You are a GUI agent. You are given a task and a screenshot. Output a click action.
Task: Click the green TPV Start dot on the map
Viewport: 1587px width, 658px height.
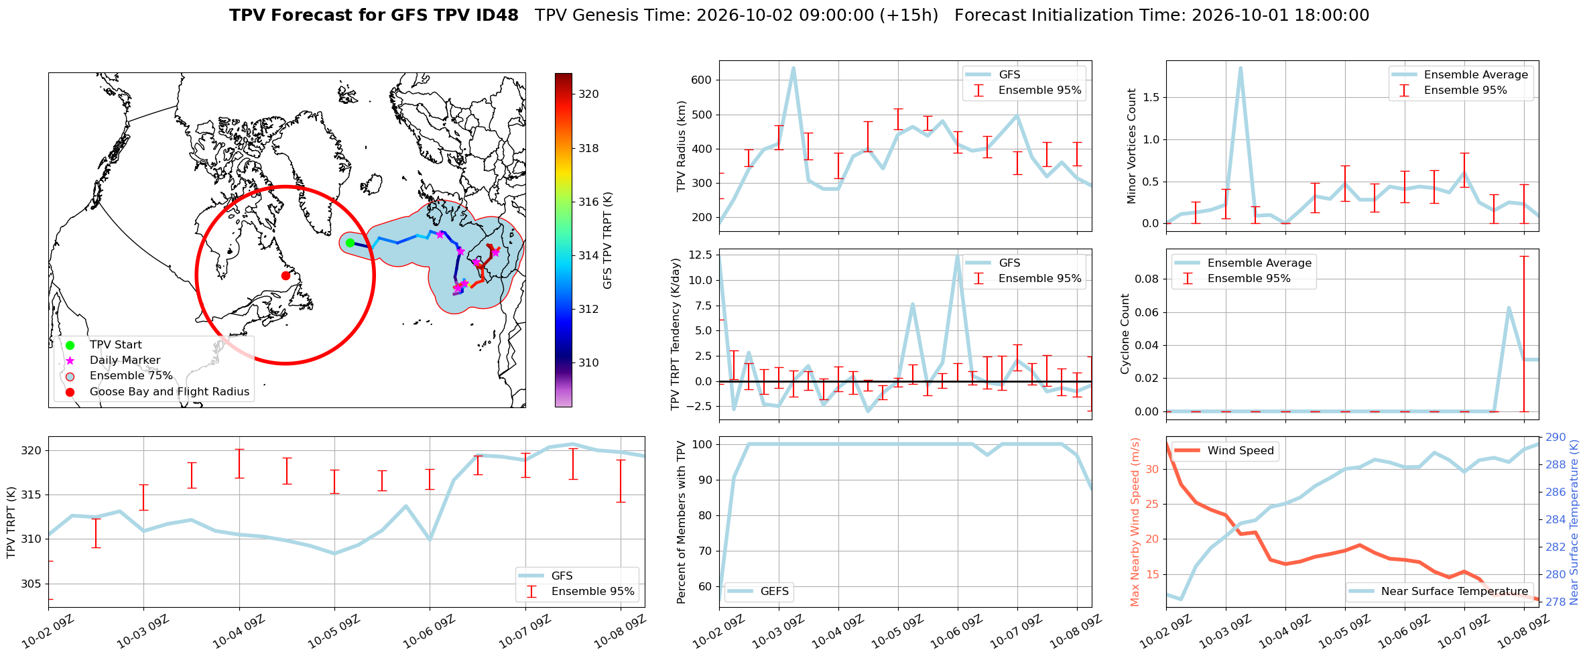pos(350,243)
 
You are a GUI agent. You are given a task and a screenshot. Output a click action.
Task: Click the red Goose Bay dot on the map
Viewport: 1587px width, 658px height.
pos(285,275)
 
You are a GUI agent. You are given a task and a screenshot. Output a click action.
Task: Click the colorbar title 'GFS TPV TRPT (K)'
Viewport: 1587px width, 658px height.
pos(608,240)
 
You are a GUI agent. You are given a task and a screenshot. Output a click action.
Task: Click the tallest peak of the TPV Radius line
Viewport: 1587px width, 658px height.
pos(793,68)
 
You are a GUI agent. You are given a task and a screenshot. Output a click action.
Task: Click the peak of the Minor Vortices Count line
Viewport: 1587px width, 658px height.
pos(1241,68)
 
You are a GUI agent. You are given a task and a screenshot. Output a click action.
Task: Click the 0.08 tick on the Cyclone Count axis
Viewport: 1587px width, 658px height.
pos(1147,279)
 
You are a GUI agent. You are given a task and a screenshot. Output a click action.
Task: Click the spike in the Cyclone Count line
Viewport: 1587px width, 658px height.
pos(1509,308)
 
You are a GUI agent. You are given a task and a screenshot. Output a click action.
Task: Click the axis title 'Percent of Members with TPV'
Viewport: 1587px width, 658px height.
pos(682,522)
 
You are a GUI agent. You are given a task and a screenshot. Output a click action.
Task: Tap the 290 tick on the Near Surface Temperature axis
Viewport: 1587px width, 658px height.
pos(1556,437)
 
